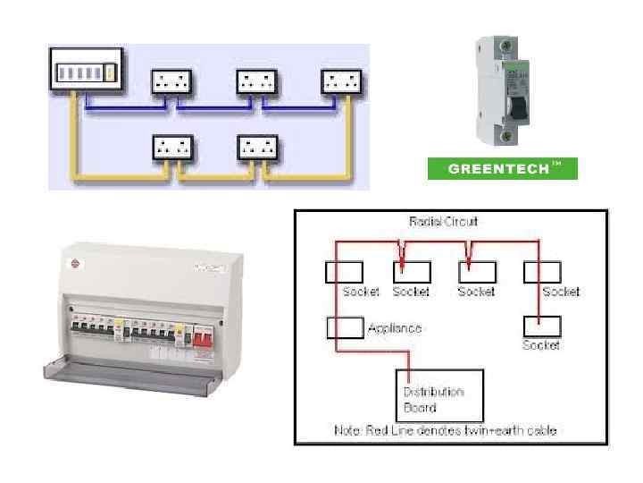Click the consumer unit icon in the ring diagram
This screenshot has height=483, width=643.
[x=84, y=71]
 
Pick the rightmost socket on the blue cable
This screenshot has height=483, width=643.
[x=343, y=82]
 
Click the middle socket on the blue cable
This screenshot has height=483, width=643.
[x=258, y=82]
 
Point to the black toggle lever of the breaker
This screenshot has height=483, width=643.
[x=517, y=106]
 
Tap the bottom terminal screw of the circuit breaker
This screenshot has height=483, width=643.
[x=508, y=136]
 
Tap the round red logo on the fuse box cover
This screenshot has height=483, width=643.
[x=75, y=264]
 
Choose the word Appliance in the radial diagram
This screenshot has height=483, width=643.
[x=394, y=328]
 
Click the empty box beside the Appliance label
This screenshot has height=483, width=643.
[x=345, y=327]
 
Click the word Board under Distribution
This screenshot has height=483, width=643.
[x=420, y=408]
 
